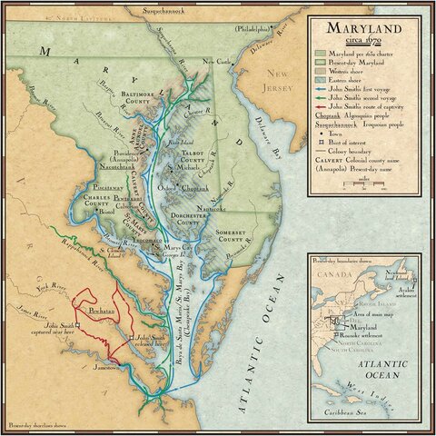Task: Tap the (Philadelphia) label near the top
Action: [253, 29]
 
